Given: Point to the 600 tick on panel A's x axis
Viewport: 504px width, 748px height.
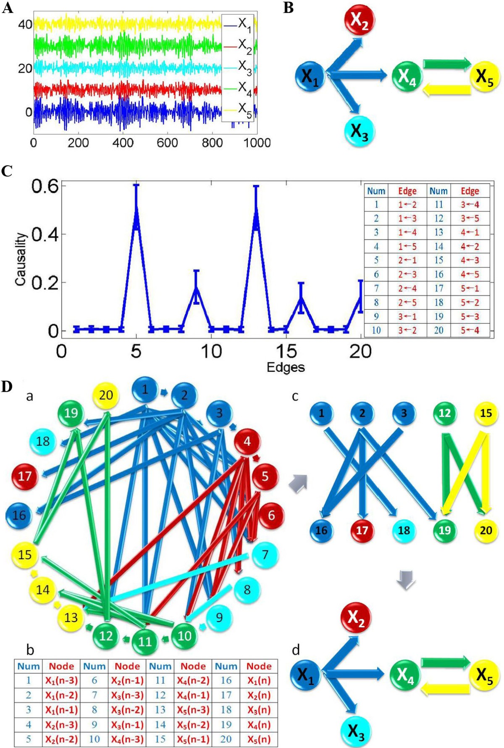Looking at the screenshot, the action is (x=167, y=143).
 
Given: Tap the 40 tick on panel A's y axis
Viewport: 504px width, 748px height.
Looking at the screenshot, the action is (x=25, y=24).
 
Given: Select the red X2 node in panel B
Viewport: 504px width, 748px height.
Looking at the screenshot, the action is (x=359, y=20).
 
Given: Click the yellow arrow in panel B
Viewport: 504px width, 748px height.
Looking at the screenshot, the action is (x=446, y=90).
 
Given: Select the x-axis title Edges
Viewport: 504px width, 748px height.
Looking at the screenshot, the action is (x=286, y=367).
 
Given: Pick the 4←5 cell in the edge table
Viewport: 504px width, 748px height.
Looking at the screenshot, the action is (x=470, y=274).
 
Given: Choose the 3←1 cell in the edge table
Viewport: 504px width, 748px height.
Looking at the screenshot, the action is (x=407, y=316).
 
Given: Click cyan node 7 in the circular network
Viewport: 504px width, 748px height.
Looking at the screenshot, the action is (x=265, y=555).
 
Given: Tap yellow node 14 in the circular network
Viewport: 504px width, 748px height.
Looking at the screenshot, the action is (x=42, y=590).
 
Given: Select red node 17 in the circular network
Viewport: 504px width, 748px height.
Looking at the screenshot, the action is (x=25, y=476).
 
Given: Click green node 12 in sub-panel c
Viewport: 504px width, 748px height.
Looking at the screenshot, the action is (x=445, y=413).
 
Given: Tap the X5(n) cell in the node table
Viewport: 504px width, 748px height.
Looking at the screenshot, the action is (x=258, y=739).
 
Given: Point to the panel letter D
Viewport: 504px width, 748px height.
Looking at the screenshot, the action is (x=7, y=387).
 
